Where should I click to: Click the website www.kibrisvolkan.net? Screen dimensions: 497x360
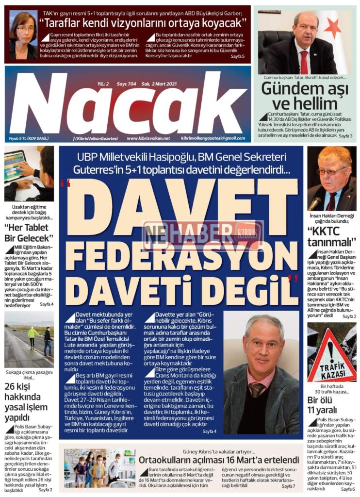point(148,138)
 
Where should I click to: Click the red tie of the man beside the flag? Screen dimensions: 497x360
point(304,62)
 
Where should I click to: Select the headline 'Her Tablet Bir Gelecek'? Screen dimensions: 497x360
point(29,234)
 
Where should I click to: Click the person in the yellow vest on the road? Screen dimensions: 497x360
point(33,335)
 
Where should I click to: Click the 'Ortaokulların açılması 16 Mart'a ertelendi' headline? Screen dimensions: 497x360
point(218,460)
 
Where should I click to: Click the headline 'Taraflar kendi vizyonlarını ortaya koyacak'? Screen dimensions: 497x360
point(143,23)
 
